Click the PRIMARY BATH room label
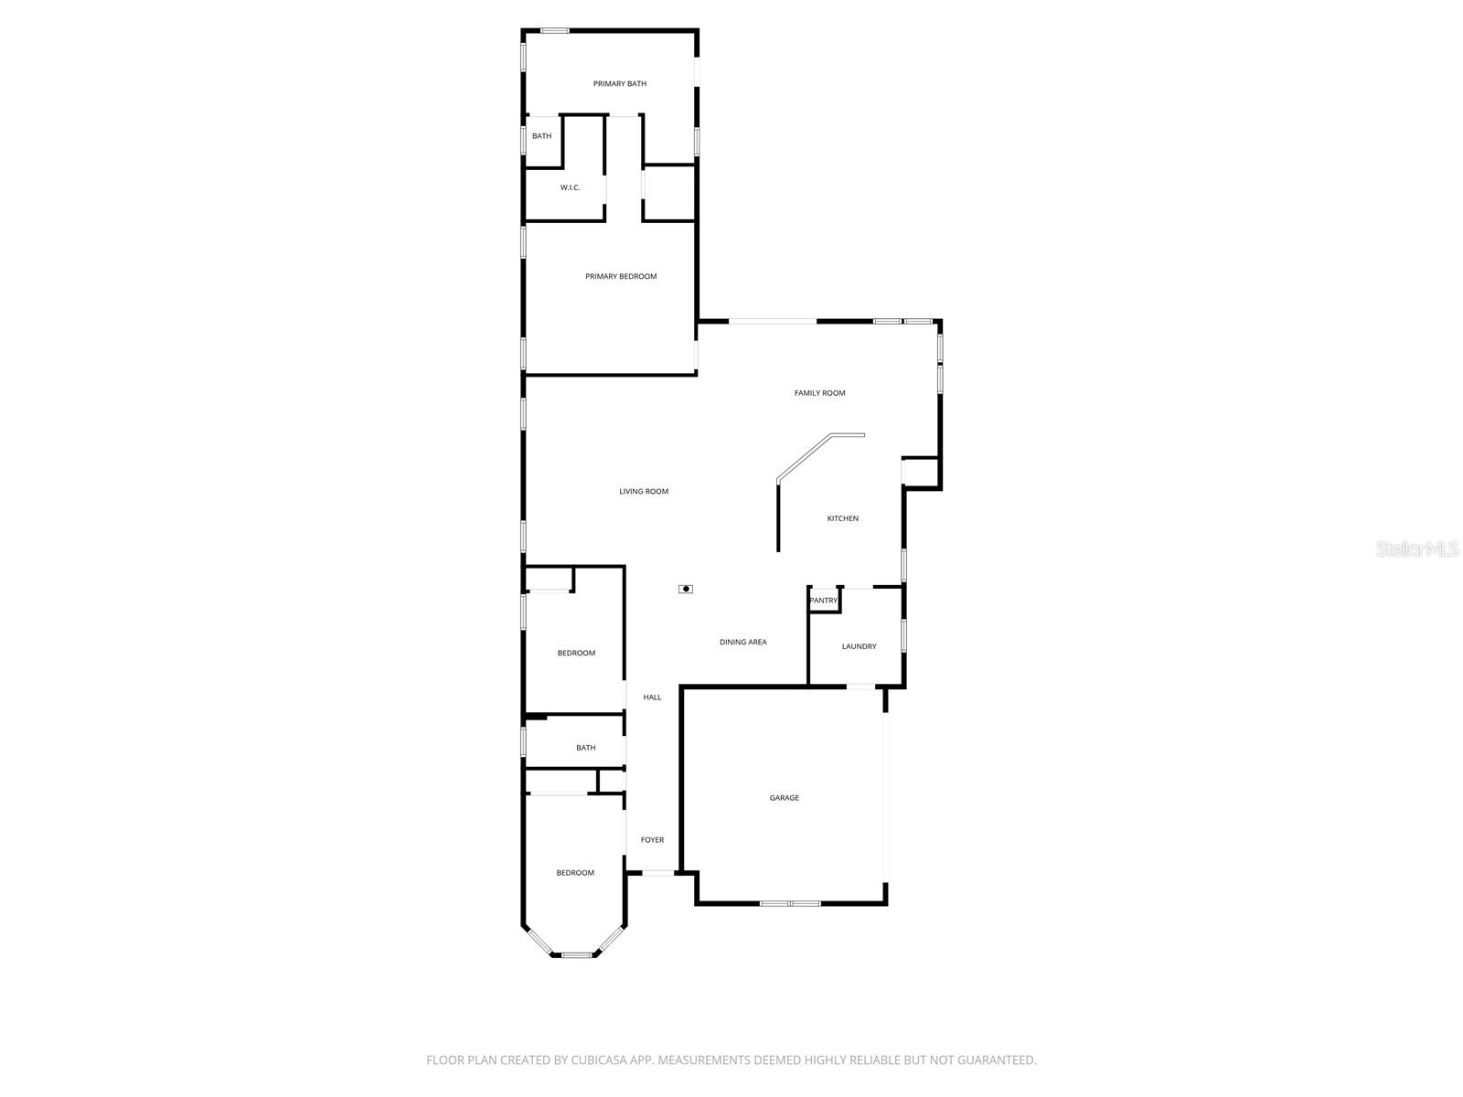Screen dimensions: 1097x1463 click(x=620, y=84)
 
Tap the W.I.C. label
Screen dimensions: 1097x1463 click(x=570, y=188)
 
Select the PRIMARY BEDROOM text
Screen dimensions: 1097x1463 click(x=621, y=276)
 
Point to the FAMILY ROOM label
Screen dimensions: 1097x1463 click(x=819, y=393)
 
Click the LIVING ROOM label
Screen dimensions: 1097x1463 click(x=644, y=492)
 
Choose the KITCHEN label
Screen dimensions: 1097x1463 click(x=842, y=518)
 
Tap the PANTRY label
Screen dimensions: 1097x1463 click(x=824, y=601)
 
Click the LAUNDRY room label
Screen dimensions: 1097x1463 click(x=859, y=646)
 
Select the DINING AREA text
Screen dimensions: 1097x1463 click(x=742, y=642)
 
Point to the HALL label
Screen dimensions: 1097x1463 click(x=652, y=698)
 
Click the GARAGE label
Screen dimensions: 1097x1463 click(x=784, y=798)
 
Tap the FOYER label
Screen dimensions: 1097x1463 click(x=652, y=840)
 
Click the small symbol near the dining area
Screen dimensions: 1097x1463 click(x=685, y=589)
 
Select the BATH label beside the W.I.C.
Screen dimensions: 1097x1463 click(x=541, y=136)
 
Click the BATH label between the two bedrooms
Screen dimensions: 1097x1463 click(x=585, y=748)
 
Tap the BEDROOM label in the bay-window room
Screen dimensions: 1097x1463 click(x=575, y=873)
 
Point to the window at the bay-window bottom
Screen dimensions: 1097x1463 click(x=576, y=955)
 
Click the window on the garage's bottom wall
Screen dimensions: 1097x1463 click(x=790, y=903)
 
